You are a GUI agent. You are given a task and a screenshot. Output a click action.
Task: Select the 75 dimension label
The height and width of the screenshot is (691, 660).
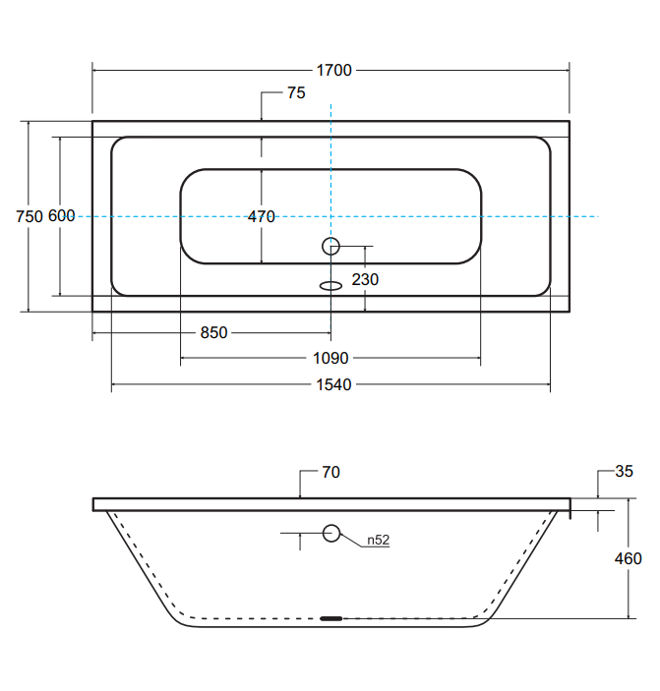point(296,93)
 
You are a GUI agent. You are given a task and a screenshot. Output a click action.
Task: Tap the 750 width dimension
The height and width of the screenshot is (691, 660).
point(30,217)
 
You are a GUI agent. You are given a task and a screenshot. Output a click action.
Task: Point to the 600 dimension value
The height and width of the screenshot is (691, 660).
point(61,217)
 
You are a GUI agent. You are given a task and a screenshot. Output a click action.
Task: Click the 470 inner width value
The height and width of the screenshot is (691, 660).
point(262,217)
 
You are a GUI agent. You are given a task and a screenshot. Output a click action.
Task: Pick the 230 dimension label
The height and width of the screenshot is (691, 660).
point(365,280)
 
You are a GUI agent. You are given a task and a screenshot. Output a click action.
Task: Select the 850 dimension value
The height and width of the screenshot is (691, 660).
point(213,333)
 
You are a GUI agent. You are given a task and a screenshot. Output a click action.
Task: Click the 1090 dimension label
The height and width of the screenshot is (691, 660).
point(331,359)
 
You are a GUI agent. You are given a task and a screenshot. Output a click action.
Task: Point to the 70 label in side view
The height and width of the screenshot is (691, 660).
point(330,473)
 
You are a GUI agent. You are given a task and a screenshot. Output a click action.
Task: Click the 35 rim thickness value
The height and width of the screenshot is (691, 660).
point(624,472)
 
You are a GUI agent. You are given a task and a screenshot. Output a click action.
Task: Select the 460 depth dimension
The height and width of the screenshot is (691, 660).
point(628,559)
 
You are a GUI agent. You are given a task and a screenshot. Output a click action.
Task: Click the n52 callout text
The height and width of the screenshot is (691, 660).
point(379,540)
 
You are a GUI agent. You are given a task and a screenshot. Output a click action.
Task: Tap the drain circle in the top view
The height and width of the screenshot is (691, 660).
point(331,247)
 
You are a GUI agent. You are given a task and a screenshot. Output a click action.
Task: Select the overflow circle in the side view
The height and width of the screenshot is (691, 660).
point(331,534)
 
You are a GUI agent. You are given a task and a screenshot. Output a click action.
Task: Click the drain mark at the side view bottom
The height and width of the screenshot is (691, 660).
point(331,618)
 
